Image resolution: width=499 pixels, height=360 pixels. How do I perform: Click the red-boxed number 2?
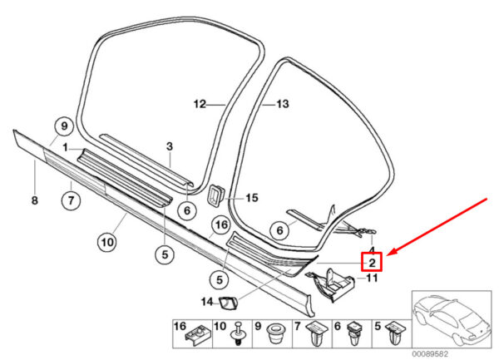[372, 263]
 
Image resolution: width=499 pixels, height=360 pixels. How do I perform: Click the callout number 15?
[252, 198]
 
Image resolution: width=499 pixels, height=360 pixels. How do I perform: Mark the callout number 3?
[169, 146]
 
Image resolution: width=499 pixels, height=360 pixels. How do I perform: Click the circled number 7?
[71, 200]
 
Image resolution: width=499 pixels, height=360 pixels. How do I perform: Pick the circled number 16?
[220, 224]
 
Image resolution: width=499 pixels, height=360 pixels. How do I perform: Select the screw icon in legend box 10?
[240, 337]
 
